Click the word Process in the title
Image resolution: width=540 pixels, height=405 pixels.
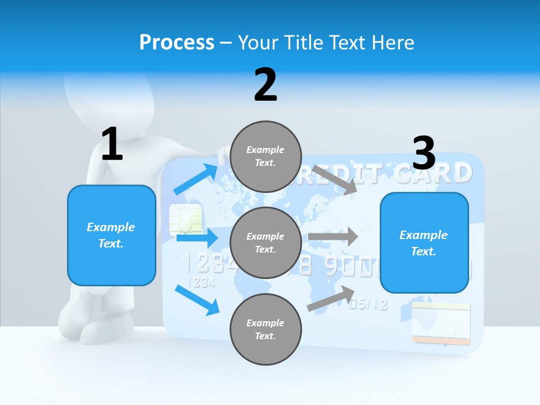(177, 42)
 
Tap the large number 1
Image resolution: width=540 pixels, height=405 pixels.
(112, 144)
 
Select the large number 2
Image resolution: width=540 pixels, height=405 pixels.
(265, 85)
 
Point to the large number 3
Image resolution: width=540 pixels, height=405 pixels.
(424, 153)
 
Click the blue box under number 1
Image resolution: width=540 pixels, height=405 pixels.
(111, 235)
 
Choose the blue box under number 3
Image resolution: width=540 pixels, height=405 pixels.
(424, 242)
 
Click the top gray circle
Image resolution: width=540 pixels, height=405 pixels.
(265, 156)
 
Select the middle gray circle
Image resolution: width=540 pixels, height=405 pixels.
(265, 242)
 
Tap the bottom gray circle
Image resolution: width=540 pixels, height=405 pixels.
(265, 329)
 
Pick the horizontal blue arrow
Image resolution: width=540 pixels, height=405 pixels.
(197, 238)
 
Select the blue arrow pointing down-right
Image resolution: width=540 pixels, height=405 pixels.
(197, 300)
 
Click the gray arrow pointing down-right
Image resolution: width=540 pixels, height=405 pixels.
(335, 179)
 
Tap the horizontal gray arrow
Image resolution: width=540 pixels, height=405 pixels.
(333, 237)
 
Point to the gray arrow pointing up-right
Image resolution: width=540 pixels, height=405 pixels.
(331, 299)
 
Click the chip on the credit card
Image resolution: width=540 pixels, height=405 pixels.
(186, 220)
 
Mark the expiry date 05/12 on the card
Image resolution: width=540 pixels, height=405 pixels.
(368, 304)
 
